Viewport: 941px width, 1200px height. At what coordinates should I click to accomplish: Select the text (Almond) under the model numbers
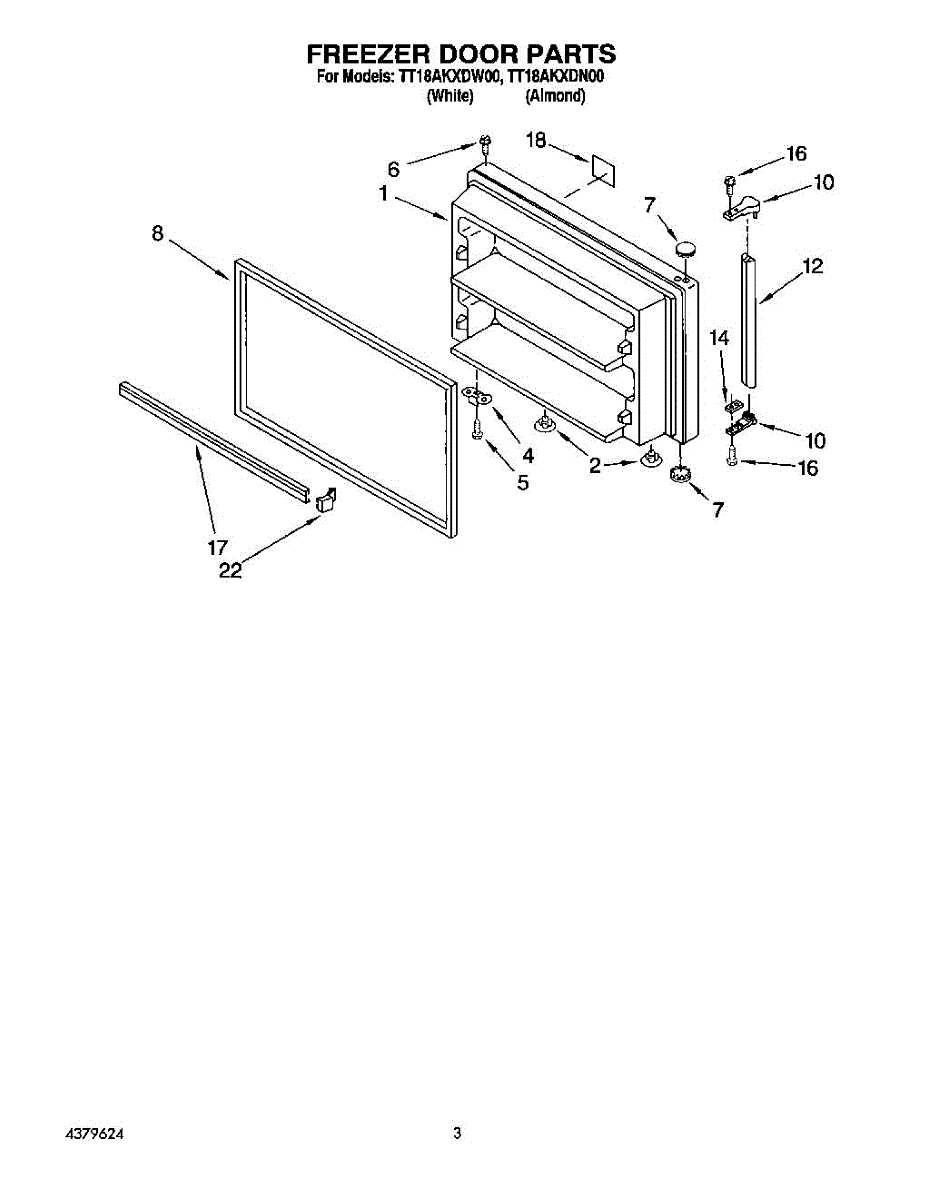tap(556, 96)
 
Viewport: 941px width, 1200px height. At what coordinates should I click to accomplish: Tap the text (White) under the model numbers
tap(449, 96)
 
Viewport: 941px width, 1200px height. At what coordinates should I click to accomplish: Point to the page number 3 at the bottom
tap(457, 1134)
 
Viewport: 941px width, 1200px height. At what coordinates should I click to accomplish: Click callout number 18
tap(537, 141)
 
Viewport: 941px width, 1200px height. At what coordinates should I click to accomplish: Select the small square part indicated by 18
tap(603, 169)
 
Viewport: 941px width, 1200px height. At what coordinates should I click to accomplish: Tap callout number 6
tap(394, 169)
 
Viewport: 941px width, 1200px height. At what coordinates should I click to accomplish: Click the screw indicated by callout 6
tap(484, 143)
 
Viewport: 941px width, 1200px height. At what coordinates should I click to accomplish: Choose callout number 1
tap(383, 194)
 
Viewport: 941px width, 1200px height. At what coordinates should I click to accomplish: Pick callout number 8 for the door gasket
tap(158, 233)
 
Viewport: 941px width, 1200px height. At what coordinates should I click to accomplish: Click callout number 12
tap(812, 266)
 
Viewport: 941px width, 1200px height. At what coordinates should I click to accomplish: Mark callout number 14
tap(721, 340)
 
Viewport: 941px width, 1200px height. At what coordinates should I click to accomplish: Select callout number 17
tap(218, 547)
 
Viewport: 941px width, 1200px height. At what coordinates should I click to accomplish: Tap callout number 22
tap(230, 571)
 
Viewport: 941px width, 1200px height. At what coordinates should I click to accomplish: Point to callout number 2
tap(595, 466)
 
